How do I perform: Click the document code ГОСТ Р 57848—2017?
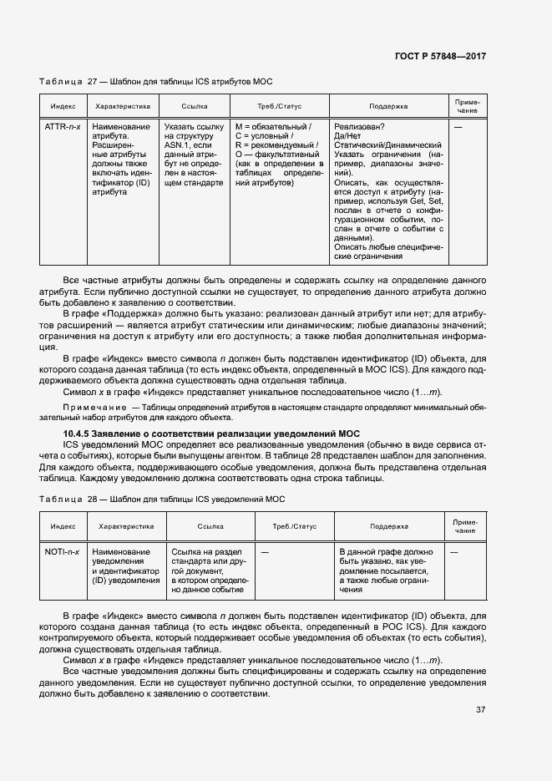coord(440,56)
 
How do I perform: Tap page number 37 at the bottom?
coord(480,709)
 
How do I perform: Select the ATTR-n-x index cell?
coord(61,127)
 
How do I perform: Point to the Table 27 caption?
coord(156,82)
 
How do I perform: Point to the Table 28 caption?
coord(162,499)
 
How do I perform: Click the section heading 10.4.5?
coord(211,434)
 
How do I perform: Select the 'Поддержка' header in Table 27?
coord(388,106)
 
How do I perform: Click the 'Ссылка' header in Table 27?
coord(195,106)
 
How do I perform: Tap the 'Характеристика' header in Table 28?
coord(126,527)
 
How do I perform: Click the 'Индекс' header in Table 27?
coord(63,106)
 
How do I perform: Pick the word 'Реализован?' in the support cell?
coord(359,127)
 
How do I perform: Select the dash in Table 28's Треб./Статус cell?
coord(265,552)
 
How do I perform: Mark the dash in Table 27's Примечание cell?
coord(458,127)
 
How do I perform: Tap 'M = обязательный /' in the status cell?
coord(273,127)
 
